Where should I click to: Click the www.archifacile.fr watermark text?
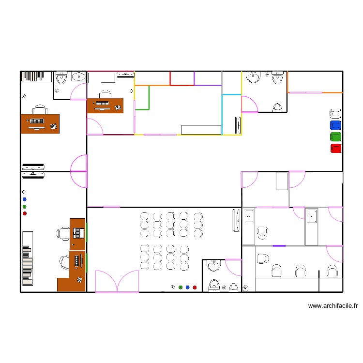tap(333, 306)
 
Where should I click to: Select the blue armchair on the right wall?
tap(335, 125)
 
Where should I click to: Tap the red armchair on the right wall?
tap(335, 149)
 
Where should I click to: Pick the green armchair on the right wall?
tap(335, 137)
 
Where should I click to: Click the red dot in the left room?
tap(25, 213)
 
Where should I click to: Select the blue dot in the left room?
tap(25, 199)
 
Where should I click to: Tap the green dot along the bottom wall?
tap(181, 287)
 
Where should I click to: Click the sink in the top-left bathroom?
tap(78, 76)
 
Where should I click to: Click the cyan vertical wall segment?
tap(222, 114)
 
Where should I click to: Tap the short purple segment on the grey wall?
tap(279, 246)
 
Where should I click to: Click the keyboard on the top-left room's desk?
tap(37, 121)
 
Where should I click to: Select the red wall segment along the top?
tap(182, 85)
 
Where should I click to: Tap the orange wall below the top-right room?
tap(315, 92)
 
